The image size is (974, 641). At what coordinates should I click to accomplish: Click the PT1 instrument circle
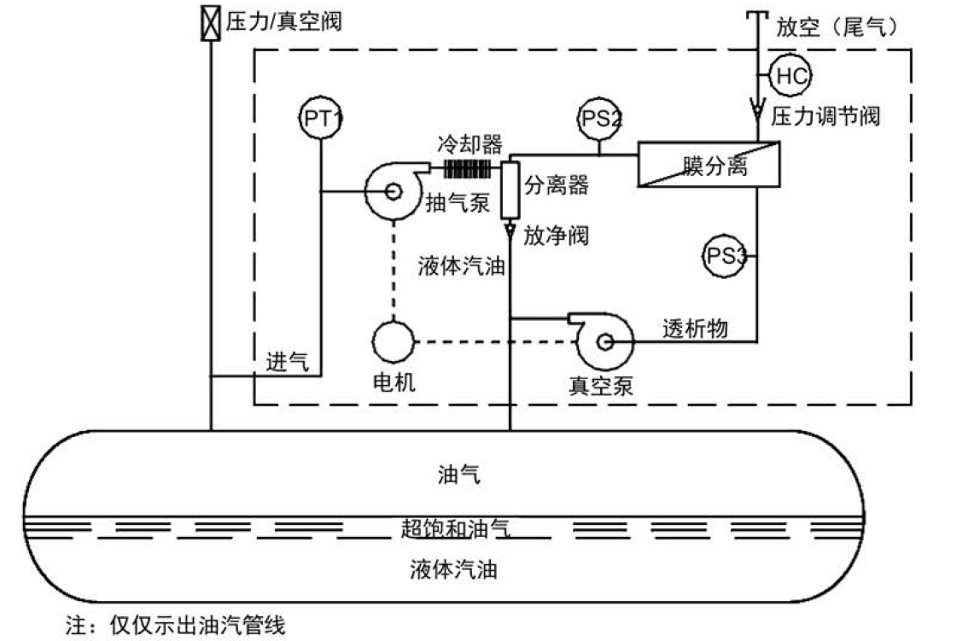[322, 119]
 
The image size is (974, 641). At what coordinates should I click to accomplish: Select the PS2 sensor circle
[599, 119]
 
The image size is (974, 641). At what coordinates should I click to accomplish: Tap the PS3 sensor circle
[725, 255]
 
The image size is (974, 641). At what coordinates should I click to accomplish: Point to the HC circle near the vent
[790, 75]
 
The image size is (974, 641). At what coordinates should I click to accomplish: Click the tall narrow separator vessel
[510, 189]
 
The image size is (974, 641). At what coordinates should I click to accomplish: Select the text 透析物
[696, 328]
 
